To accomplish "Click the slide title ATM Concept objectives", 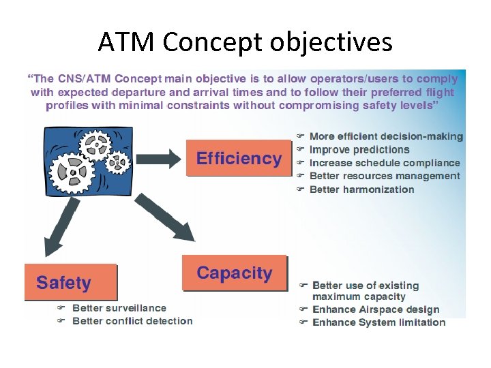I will point(245,42).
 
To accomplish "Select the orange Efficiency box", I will point(239,159).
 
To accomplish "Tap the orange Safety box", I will point(70,282).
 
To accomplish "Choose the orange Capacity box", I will point(235,274).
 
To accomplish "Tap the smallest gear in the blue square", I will point(119,162).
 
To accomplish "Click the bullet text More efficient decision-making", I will point(386,137).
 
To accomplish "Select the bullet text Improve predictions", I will point(359,150).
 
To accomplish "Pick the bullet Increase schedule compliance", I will point(385,163).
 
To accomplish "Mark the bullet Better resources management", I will point(385,176).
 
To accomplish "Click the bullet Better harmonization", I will point(361,189).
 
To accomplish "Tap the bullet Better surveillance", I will point(119,308).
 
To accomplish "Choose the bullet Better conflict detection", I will point(132,321).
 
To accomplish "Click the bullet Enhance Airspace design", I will point(376,309).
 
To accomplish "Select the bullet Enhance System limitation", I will point(378,322).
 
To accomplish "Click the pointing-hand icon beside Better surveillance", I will point(61,308).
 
